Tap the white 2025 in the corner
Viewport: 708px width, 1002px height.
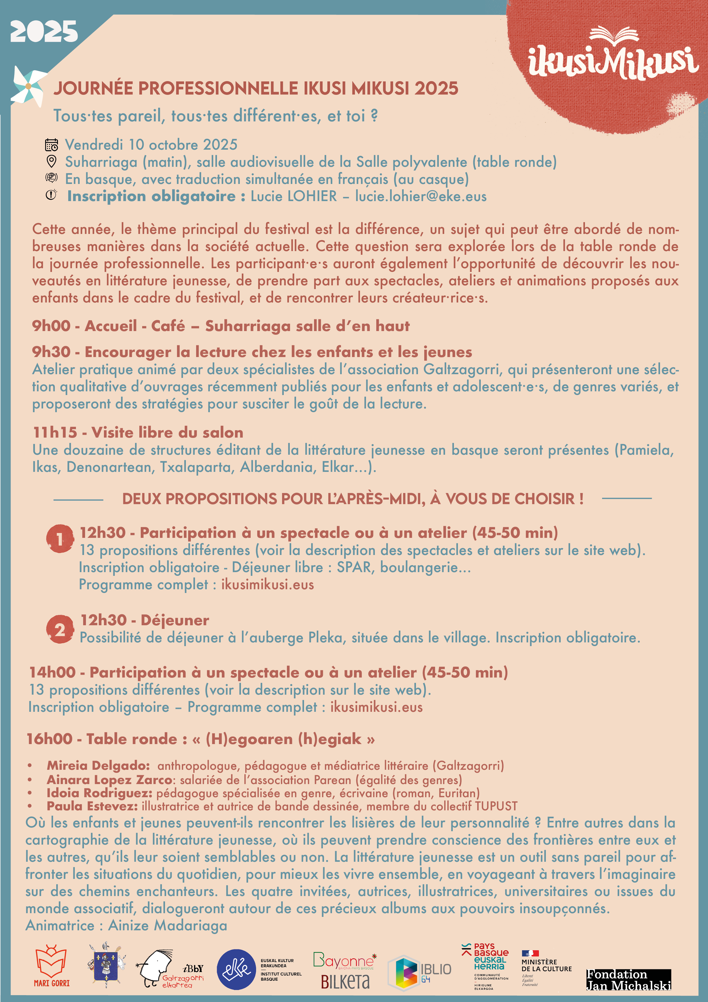point(44,32)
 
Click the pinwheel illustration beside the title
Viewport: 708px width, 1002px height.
point(28,87)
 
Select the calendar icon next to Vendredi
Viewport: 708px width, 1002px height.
point(51,145)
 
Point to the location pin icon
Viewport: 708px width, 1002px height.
point(51,161)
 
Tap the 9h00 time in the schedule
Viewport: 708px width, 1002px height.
point(51,326)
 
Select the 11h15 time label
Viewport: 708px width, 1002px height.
point(55,432)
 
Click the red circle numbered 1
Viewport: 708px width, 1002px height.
point(60,538)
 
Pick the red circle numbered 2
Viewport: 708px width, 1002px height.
point(60,629)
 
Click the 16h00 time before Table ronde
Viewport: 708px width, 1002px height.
point(49,739)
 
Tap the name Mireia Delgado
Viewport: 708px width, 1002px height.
point(98,765)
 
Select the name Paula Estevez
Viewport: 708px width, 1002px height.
point(92,806)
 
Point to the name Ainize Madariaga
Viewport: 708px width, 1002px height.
point(168,926)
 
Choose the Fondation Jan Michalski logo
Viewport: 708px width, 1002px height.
point(629,980)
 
